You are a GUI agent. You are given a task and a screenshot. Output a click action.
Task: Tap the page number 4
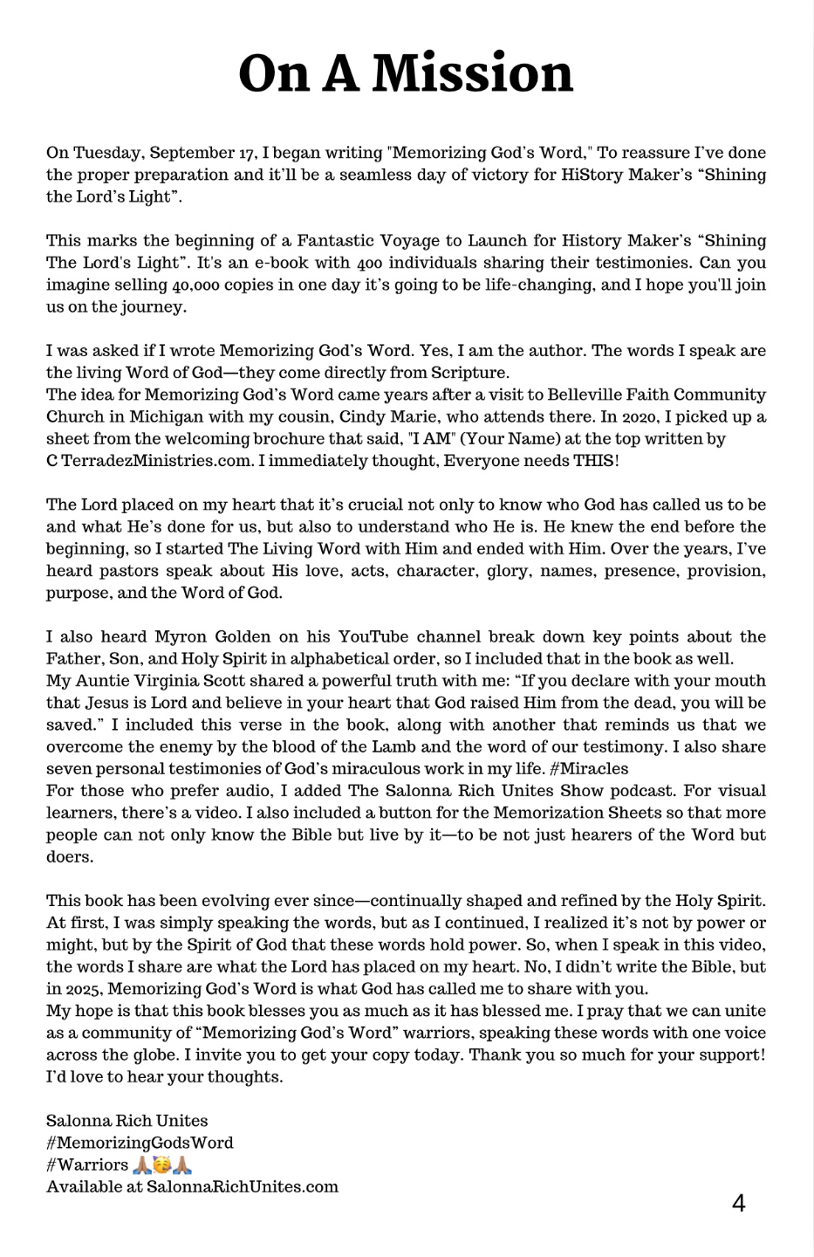coord(738,1204)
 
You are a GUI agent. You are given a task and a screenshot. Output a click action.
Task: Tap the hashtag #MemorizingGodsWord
coord(140,1143)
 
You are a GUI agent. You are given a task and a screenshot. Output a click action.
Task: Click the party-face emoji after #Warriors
coord(161,1164)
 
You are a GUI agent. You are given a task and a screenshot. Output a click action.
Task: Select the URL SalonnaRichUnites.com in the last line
coord(243,1187)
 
